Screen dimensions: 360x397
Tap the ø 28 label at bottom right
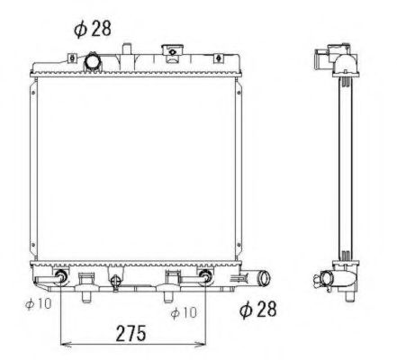coord(259,310)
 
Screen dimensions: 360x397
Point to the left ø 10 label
coord(39,304)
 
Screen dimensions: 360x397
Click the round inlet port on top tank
coord(94,62)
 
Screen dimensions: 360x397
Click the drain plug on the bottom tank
coord(115,284)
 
